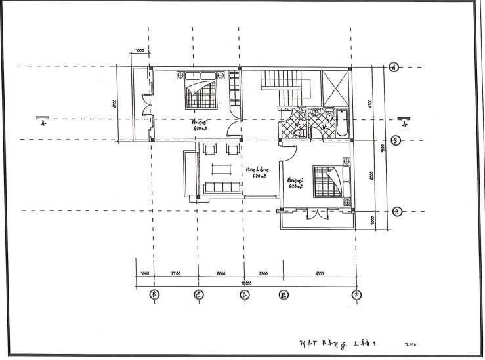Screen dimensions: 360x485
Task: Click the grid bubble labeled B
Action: click(153, 294)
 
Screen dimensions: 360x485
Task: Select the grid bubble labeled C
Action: click(198, 294)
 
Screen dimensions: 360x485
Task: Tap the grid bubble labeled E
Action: click(284, 294)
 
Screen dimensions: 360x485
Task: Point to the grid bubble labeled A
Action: click(394, 66)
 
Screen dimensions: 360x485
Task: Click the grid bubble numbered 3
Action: click(396, 140)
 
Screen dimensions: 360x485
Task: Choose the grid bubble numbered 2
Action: click(396, 211)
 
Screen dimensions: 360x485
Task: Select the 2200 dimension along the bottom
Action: click(263, 272)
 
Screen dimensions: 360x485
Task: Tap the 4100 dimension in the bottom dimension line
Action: click(320, 272)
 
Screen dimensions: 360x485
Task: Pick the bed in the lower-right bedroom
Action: click(327, 180)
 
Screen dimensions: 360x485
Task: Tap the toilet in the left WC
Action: click(299, 134)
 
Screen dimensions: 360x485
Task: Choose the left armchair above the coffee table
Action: click(209, 150)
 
